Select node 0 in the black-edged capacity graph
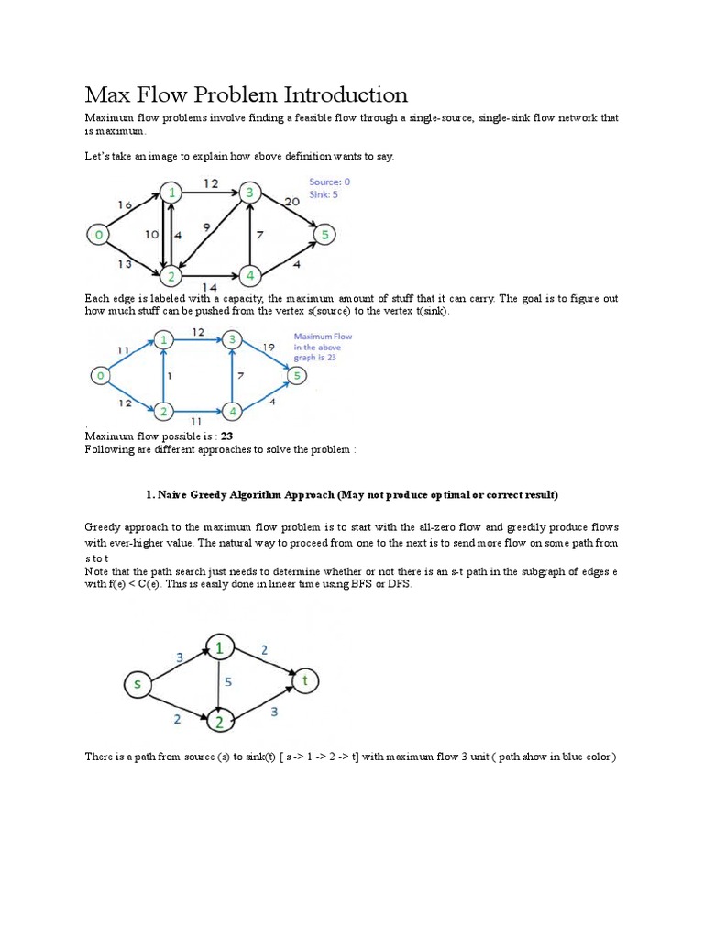(97, 236)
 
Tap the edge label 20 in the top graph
(292, 202)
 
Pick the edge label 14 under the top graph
(211, 286)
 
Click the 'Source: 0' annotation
(329, 182)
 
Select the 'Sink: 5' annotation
(324, 195)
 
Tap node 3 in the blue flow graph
(234, 340)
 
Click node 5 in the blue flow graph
(295, 375)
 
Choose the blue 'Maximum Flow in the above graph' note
(323, 347)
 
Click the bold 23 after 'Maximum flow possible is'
(227, 437)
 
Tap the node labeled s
(138, 683)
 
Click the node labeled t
(305, 680)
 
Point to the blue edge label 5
(228, 683)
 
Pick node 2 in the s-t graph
(220, 721)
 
